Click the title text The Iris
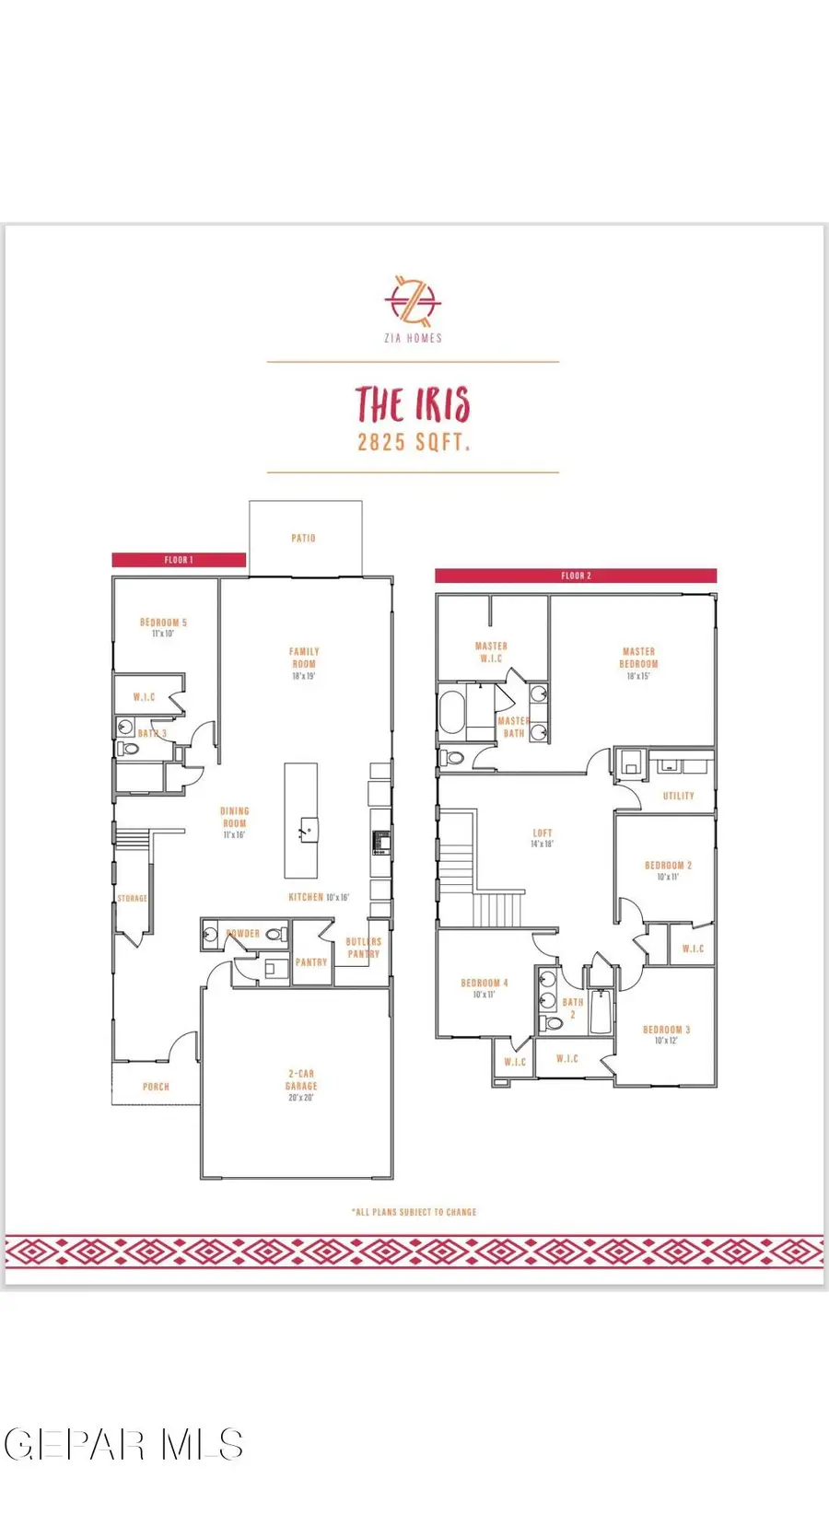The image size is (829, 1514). click(x=413, y=405)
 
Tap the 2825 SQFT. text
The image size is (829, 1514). click(x=414, y=442)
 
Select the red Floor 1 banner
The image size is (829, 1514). click(x=179, y=560)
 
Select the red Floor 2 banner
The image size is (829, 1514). click(x=576, y=576)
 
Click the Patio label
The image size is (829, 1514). click(x=304, y=538)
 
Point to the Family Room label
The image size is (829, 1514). click(x=304, y=658)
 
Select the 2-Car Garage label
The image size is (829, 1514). click(x=301, y=1080)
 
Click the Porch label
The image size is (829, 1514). click(x=156, y=1087)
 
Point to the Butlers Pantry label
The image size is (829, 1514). click(x=363, y=948)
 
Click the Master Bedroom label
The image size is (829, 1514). click(x=638, y=658)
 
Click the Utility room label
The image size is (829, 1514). click(x=679, y=796)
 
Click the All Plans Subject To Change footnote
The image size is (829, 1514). click(x=414, y=1212)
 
